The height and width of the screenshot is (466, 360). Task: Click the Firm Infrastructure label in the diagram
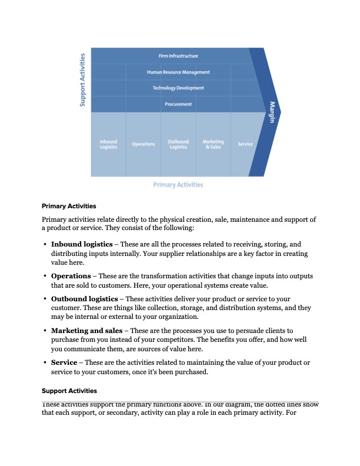coord(178,56)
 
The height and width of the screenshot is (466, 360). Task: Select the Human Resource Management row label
coord(178,72)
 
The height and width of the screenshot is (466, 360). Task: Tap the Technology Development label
coord(178,88)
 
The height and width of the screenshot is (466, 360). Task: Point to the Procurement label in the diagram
coord(178,104)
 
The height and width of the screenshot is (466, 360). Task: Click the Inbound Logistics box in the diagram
coord(108,144)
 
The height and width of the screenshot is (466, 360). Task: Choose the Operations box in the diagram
coord(143,144)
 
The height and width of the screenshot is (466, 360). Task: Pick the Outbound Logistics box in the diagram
coord(178,144)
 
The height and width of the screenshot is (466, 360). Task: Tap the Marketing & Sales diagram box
coord(213,144)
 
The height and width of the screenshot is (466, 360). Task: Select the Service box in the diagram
coord(245,144)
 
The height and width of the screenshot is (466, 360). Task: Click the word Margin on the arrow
coord(272,112)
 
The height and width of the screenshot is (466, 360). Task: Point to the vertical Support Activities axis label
coord(83,80)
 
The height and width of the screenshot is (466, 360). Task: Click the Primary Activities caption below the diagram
coord(178,185)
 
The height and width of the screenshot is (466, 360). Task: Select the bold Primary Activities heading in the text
coord(69,207)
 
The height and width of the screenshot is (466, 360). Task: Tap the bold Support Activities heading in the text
coord(69,391)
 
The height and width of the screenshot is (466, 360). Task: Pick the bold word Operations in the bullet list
coord(71,276)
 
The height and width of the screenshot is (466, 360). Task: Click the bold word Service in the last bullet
coord(64,362)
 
